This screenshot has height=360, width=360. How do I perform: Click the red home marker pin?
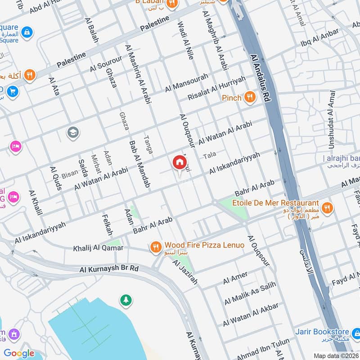click(179, 162)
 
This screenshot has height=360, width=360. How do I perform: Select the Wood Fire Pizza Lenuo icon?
click(156, 246)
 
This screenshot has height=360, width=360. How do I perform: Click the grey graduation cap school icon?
click(72, 132)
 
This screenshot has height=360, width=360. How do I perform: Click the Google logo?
click(19, 353)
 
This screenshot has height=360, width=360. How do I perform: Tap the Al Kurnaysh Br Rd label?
click(109, 269)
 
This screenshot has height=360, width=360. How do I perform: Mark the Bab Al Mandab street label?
click(139, 165)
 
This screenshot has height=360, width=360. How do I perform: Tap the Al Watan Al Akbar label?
click(251, 315)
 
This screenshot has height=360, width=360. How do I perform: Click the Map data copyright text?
click(336, 355)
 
